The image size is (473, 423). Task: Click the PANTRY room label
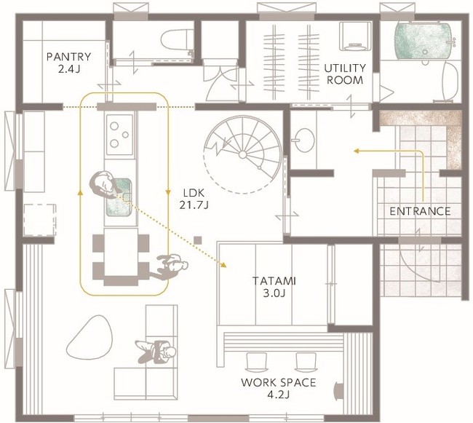(69, 63)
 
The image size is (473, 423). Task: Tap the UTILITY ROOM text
(345, 74)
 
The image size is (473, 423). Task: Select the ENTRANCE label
(420, 211)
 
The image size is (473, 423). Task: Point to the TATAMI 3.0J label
(274, 287)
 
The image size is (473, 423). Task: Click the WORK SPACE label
(279, 388)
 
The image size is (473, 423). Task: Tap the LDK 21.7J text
(194, 199)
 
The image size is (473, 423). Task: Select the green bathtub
(423, 40)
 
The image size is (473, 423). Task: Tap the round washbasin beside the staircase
(303, 141)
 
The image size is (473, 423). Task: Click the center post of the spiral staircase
(242, 155)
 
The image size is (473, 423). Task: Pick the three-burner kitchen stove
(119, 135)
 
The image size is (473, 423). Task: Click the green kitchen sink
(119, 197)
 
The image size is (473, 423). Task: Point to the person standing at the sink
(103, 184)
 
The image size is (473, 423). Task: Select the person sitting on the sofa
(156, 352)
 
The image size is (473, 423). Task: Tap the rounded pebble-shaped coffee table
(90, 337)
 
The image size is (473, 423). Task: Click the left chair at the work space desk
(257, 362)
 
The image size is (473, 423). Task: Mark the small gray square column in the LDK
(198, 240)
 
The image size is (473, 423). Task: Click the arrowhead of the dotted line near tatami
(223, 265)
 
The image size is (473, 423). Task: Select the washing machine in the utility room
(355, 36)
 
